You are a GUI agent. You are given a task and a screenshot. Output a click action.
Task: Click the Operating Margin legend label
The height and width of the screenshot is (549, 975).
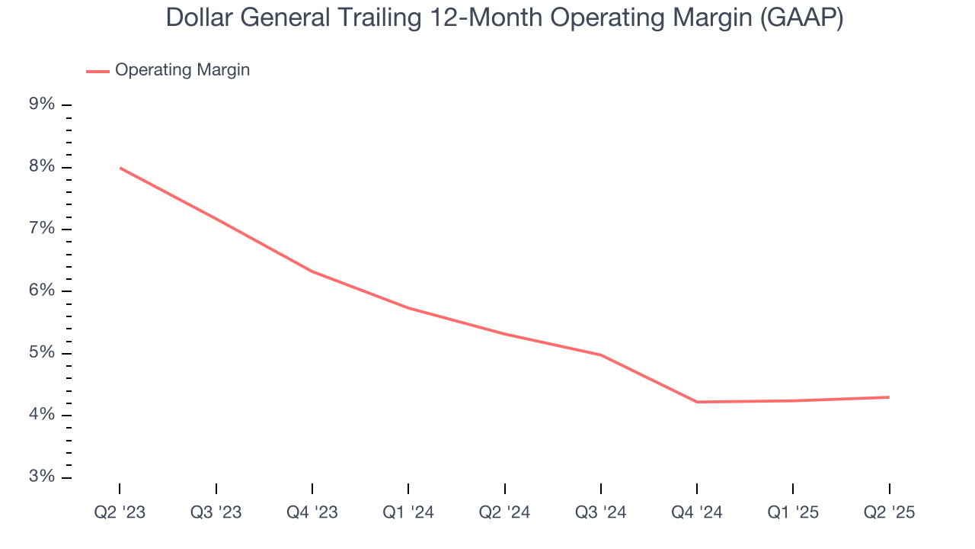point(182,70)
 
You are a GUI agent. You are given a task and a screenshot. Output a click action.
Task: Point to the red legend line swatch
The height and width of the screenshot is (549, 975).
point(97,71)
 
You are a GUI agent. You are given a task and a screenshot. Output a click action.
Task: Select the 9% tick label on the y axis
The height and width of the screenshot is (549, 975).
point(42,104)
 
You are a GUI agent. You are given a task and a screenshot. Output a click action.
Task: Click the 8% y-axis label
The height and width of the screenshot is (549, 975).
point(42,167)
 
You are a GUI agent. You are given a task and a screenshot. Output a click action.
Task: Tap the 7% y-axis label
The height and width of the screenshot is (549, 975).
point(42,229)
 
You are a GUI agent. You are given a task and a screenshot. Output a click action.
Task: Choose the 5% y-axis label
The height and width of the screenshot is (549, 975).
point(42,353)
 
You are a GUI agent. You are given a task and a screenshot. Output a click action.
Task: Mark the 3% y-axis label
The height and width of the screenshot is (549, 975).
point(42,477)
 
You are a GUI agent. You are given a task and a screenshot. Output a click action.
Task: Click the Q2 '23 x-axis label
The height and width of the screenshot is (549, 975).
point(120,512)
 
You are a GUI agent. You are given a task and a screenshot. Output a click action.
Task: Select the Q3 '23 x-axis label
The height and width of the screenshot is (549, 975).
point(216,512)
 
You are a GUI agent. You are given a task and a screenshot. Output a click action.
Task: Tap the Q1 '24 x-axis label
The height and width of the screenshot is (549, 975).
point(408,512)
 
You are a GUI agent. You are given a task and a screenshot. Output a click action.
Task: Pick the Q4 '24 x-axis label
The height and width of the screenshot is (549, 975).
point(697,512)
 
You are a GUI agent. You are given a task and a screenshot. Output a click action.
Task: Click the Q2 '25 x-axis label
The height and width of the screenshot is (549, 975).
point(889,512)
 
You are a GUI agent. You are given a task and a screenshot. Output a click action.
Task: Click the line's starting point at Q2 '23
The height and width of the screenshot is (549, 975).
point(120,168)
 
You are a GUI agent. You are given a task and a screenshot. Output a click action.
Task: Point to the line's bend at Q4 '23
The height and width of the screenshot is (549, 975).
point(312,271)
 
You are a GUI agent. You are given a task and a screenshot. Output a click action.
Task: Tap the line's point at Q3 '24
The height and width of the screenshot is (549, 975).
point(601,355)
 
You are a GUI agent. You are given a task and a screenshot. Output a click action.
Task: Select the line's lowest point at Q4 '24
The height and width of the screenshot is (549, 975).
point(697,402)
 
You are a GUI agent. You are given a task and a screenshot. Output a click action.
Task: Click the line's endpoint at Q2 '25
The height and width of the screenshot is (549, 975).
point(889,397)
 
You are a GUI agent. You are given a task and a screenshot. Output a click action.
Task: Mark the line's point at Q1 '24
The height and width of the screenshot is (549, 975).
point(408,307)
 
